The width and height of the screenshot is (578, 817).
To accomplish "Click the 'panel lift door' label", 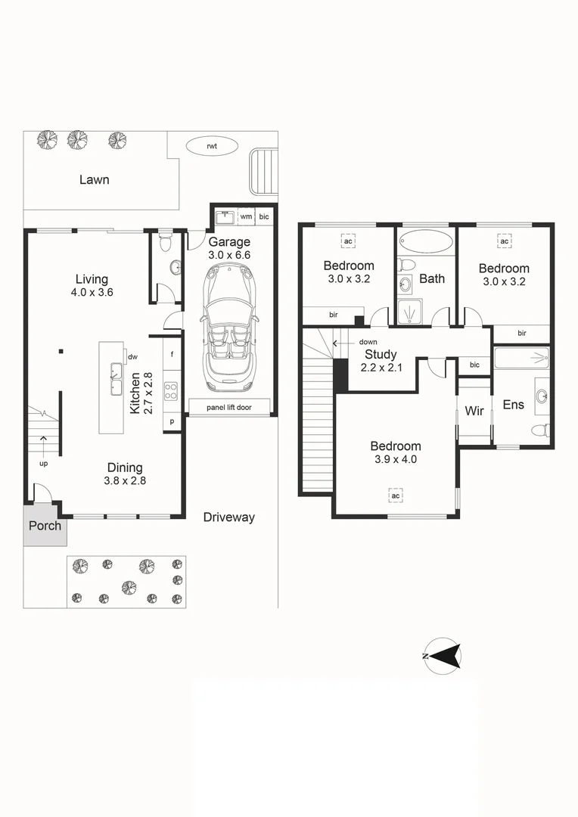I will [229, 408].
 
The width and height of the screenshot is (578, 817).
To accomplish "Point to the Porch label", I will [45, 525].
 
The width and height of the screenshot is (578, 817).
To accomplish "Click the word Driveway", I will [229, 517].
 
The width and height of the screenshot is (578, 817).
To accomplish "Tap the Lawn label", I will [95, 180].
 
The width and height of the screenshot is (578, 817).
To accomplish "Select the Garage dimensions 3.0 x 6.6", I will [229, 256].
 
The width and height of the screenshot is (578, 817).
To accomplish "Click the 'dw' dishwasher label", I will [132, 356].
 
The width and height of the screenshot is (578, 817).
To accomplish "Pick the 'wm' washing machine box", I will [246, 217].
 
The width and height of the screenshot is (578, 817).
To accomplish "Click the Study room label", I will [381, 354].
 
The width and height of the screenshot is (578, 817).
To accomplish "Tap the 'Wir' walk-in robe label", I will [474, 412].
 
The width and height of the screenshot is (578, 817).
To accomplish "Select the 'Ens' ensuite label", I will [514, 405].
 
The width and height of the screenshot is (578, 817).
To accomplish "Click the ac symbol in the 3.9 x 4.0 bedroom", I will [395, 495].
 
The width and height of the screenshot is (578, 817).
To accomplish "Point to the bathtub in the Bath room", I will [426, 241].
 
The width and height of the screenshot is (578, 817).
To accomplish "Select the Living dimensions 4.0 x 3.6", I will [92, 293].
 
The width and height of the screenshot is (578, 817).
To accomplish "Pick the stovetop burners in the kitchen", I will [172, 391].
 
